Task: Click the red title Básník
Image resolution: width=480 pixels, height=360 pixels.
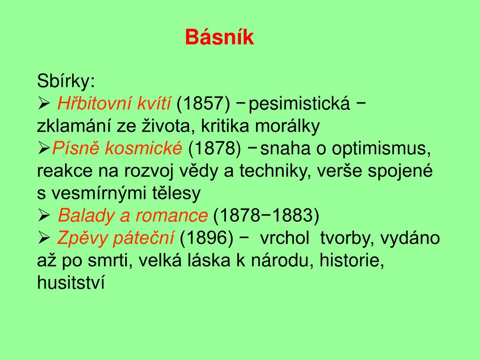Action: point(219,37)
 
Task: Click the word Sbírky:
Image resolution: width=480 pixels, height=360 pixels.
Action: point(66,82)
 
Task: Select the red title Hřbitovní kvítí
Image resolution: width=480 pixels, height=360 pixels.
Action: point(114,104)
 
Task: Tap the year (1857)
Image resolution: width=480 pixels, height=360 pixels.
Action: point(203,104)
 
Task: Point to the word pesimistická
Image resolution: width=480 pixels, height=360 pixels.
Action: point(300,104)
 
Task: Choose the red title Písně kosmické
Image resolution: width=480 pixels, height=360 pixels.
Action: point(117,149)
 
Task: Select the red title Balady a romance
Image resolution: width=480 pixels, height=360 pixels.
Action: point(133,216)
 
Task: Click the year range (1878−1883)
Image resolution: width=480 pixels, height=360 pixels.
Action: point(266,216)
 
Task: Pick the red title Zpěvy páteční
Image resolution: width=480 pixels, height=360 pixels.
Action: point(115,238)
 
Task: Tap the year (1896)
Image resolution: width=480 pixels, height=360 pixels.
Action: point(206,238)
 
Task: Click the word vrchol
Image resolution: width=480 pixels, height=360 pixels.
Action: point(285,238)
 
